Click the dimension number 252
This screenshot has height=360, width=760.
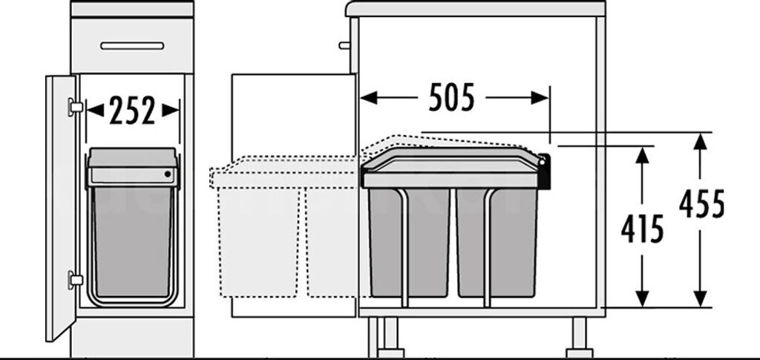(x=133, y=111)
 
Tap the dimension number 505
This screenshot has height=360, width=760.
(x=452, y=98)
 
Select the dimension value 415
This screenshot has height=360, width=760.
(x=642, y=230)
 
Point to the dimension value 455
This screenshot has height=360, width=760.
(x=701, y=204)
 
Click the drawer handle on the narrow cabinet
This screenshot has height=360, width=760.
(x=132, y=45)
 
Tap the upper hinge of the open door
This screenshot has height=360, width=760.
(x=74, y=106)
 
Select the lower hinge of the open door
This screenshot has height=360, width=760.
(x=74, y=280)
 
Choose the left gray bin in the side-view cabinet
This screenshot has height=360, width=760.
(x=409, y=241)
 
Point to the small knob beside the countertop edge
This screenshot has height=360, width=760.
(x=344, y=45)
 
